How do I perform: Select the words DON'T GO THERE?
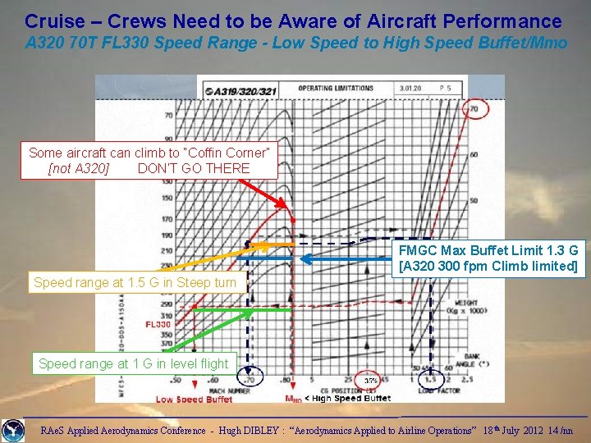pos(194,168)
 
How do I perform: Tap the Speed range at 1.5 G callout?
pos(135,283)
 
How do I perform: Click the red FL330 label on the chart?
pos(158,324)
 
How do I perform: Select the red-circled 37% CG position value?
pos(371,381)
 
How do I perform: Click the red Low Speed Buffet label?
pos(194,400)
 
